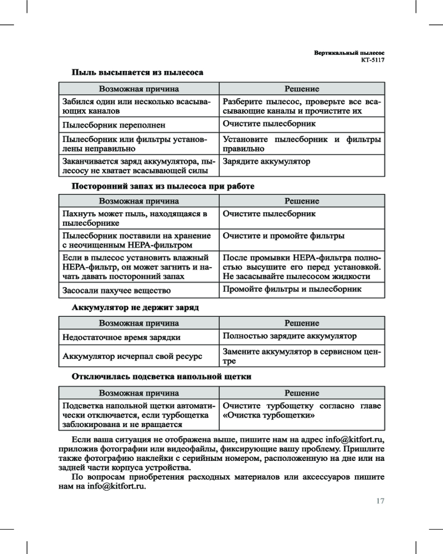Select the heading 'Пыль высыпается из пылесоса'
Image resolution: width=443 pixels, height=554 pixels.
click(x=137, y=73)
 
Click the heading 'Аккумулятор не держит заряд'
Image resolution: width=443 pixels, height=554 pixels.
click(x=135, y=306)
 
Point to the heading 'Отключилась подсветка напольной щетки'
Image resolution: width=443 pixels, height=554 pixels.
click(x=162, y=377)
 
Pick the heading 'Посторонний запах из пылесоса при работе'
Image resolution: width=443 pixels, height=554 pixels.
click(x=163, y=186)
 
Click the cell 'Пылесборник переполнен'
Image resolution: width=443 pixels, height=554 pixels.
click(x=114, y=126)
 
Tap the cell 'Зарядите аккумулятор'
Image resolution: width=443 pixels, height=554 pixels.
click(x=266, y=162)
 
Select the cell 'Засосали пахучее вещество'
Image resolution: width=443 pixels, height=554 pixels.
click(x=116, y=290)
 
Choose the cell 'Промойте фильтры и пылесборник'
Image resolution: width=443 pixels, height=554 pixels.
click(x=292, y=289)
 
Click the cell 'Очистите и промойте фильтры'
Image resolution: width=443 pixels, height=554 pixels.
click(x=284, y=236)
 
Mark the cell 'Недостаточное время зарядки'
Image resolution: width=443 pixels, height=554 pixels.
click(x=121, y=337)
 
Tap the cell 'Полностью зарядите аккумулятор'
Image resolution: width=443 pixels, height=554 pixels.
click(x=290, y=336)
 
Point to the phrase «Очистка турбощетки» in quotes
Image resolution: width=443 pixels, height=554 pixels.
click(x=269, y=415)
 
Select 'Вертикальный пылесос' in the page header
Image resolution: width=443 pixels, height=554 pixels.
click(x=349, y=52)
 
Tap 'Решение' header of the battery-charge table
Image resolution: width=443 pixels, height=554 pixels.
click(x=302, y=323)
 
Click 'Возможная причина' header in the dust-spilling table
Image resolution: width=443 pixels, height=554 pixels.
click(x=138, y=89)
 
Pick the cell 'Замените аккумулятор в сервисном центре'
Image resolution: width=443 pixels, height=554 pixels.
click(x=302, y=356)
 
